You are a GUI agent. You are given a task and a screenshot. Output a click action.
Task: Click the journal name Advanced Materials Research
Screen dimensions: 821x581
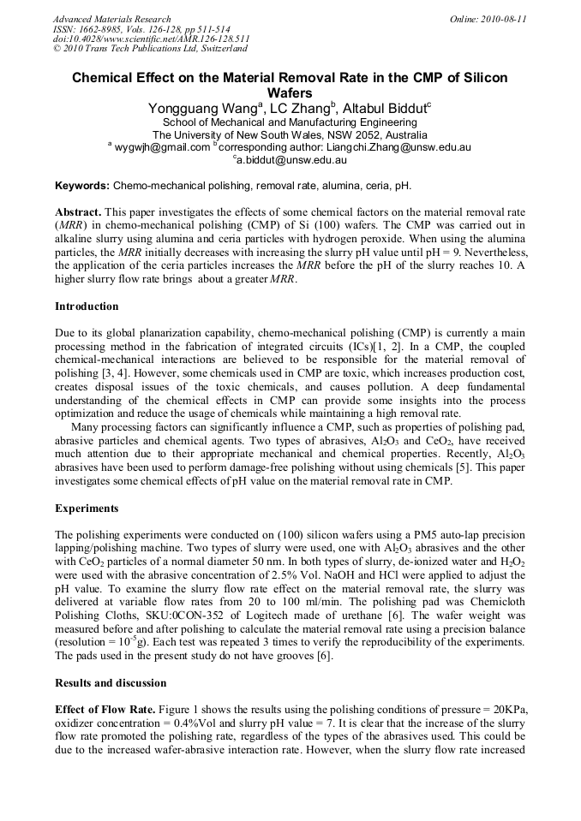112,18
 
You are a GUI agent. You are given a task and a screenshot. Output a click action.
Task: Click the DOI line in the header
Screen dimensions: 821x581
152,39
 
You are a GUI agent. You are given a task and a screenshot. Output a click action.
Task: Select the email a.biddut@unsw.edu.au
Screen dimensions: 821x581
291,160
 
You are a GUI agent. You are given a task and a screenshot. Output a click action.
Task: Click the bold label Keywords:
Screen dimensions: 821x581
82,186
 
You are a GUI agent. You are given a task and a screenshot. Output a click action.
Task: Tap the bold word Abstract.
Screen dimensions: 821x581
79,211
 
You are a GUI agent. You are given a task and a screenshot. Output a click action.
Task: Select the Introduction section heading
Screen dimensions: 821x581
87,306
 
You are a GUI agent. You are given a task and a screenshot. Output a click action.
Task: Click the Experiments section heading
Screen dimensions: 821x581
87,508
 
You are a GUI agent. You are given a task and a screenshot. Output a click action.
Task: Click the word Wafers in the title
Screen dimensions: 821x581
290,92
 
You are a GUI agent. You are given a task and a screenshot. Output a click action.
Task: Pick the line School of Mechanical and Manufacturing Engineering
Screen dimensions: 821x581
290,122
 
